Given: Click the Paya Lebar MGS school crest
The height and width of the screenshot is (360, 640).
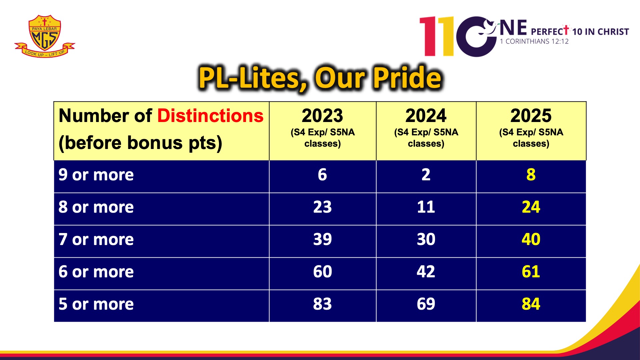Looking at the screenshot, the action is (45, 36).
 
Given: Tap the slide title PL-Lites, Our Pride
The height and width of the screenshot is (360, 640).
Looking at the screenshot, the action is (320, 78).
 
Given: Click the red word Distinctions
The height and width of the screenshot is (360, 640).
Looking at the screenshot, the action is (210, 116).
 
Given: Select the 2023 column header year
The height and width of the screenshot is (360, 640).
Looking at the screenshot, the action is (322, 116).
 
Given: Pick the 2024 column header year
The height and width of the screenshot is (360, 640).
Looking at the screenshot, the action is (426, 116).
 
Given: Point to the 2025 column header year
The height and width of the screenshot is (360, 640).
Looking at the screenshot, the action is (531, 116).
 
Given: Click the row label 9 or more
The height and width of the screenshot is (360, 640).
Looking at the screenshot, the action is (96, 175).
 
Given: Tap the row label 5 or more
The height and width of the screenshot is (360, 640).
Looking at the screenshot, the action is (96, 304).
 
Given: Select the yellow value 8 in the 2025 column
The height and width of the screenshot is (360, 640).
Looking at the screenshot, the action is (531, 175).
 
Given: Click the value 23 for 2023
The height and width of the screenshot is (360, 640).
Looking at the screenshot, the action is (322, 207).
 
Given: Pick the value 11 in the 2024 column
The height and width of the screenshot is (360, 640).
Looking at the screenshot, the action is (426, 207).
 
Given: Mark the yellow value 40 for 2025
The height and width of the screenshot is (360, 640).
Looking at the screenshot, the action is (531, 239).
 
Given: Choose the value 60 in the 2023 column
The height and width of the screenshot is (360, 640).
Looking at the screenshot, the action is (322, 272).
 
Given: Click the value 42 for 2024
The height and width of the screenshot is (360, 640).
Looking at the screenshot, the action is (426, 272).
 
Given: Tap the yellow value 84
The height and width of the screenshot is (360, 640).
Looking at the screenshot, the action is (531, 304).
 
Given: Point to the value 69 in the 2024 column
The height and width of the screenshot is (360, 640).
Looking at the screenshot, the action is (426, 304).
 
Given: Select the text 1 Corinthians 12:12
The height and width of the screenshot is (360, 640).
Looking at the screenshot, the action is (534, 41).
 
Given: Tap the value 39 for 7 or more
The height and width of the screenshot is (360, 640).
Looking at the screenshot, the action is (322, 239).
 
